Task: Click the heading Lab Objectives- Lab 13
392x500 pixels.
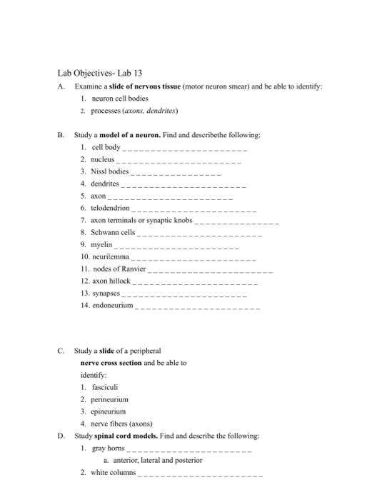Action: tap(104, 73)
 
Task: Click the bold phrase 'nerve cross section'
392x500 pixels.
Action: tap(111, 363)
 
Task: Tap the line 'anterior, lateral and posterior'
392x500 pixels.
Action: tap(153, 460)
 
